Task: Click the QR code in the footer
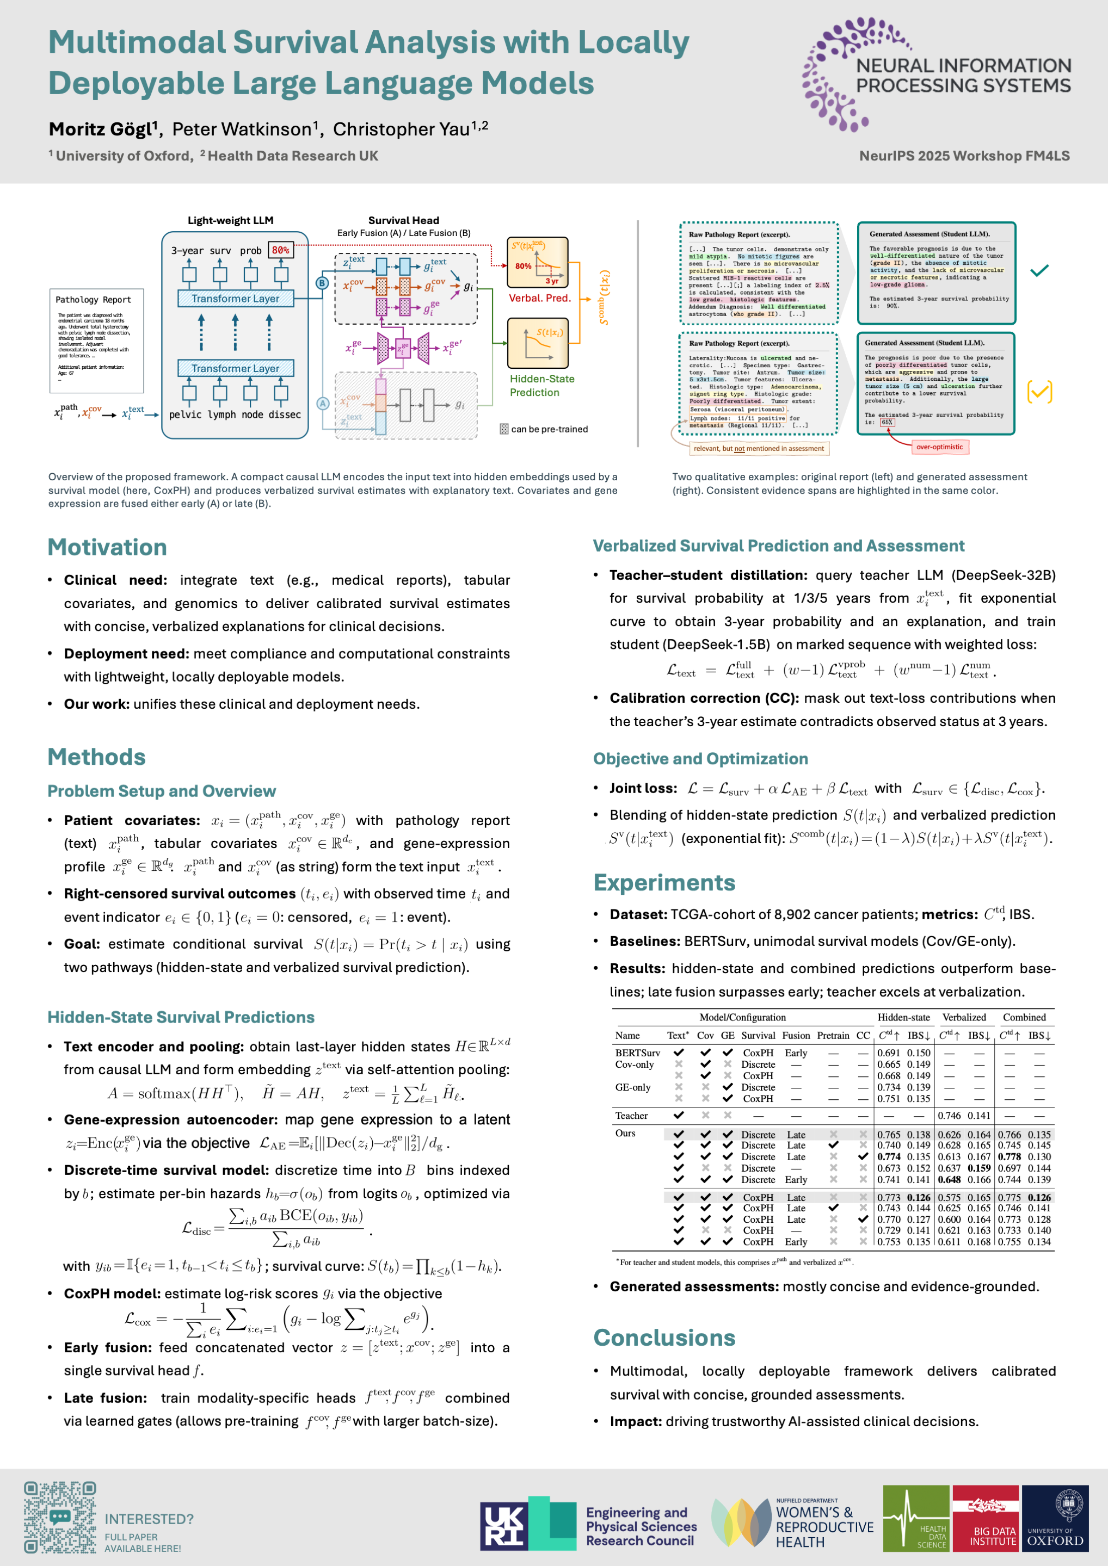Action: tap(60, 1517)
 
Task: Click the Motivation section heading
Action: tap(107, 547)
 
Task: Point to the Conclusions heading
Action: tap(664, 1338)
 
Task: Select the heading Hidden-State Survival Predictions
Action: tap(181, 1017)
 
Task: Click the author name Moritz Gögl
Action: tap(103, 129)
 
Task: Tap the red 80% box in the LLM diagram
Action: tap(280, 250)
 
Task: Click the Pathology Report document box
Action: tap(97, 341)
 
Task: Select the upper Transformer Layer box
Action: tap(236, 298)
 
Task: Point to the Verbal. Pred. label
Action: tap(539, 298)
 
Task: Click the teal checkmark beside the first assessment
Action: tap(1039, 271)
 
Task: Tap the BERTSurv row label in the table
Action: tap(637, 1053)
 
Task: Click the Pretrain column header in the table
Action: tap(833, 1035)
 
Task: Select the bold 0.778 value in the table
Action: tap(1009, 1157)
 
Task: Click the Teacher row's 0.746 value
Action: tap(949, 1115)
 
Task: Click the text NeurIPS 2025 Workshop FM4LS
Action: tap(964, 156)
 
